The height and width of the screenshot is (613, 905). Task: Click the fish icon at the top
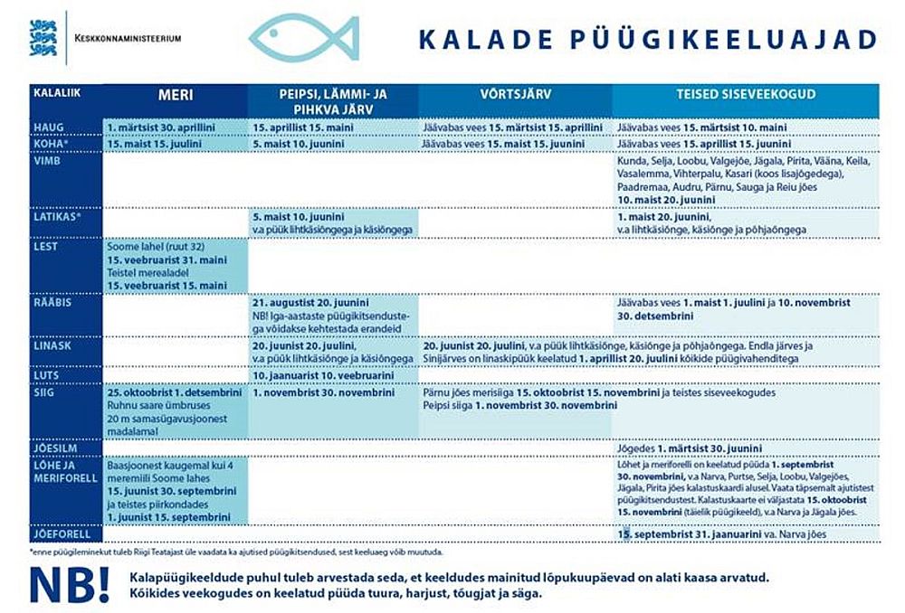[x=303, y=39]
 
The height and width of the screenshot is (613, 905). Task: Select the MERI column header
[x=176, y=95]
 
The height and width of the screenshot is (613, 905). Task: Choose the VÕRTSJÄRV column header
[x=514, y=94]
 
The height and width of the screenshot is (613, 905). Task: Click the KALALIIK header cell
[x=53, y=92]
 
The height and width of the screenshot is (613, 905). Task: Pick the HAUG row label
[x=49, y=127]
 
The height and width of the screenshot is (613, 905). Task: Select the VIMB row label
[x=47, y=160]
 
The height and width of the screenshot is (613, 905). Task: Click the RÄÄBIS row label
[x=51, y=303]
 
